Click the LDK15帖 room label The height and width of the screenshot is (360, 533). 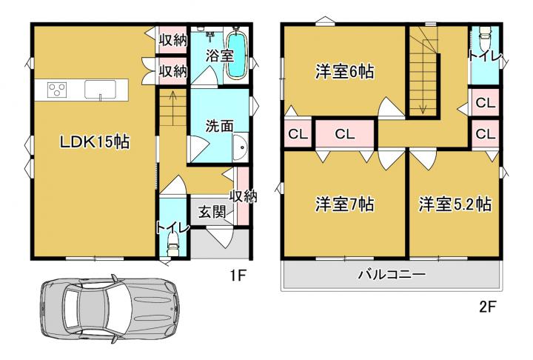click(95, 141)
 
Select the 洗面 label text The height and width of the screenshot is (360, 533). click(219, 126)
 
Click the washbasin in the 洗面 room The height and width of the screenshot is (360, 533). click(241, 147)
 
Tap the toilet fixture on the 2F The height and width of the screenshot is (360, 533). click(484, 33)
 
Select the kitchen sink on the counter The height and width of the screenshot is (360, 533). click(100, 90)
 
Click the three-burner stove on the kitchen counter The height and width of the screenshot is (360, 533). click(57, 90)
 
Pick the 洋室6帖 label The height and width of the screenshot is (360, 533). click(345, 72)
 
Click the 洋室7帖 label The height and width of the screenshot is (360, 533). click(345, 204)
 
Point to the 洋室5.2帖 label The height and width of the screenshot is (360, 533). click(455, 204)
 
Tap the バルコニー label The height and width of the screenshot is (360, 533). click(392, 274)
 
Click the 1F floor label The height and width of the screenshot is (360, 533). click(238, 275)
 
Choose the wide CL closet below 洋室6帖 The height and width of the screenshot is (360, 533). click(345, 134)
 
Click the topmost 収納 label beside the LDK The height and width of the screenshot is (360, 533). click(173, 40)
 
